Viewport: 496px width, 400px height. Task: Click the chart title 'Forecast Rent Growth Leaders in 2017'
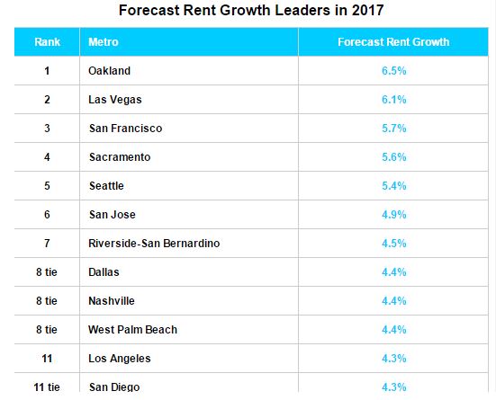click(x=248, y=12)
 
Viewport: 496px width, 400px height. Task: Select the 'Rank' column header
click(x=47, y=42)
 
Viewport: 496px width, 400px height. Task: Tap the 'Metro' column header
click(x=104, y=42)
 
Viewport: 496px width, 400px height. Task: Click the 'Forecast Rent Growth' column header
click(x=393, y=42)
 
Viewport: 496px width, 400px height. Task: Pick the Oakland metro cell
click(x=109, y=71)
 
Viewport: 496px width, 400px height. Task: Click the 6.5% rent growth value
click(x=393, y=71)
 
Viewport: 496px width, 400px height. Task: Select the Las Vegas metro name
click(x=114, y=100)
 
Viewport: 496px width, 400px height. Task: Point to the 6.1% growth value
click(x=393, y=100)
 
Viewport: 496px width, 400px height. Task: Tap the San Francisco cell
click(x=125, y=129)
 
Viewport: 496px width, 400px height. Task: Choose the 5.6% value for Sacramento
click(x=393, y=157)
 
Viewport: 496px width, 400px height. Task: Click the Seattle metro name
click(x=106, y=186)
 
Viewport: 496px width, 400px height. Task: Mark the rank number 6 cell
click(x=47, y=215)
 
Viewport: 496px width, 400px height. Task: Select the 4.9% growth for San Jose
click(x=393, y=215)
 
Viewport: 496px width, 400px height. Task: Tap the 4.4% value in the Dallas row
click(x=393, y=272)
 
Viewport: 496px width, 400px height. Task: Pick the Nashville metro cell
click(x=113, y=301)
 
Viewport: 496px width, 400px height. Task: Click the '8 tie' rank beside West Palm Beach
click(x=47, y=330)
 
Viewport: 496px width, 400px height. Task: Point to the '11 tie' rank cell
click(x=47, y=387)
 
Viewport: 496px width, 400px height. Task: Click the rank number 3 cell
click(x=47, y=129)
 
